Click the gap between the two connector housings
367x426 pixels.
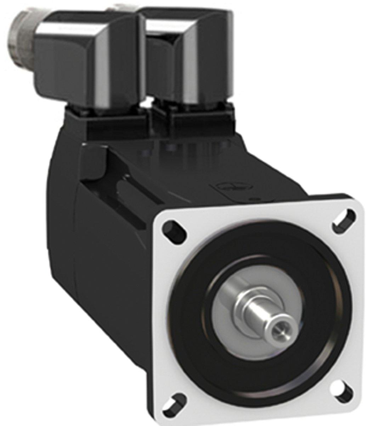tap(143, 71)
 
